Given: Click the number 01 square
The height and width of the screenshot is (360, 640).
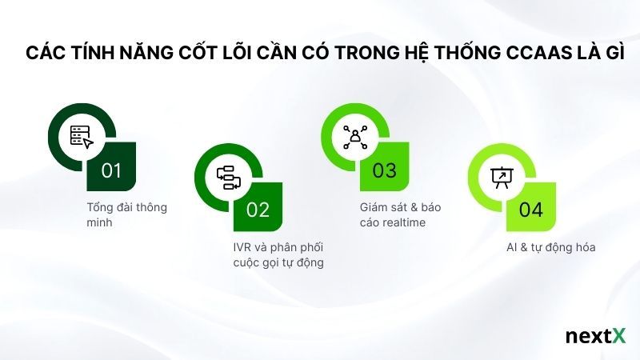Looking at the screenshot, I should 112,170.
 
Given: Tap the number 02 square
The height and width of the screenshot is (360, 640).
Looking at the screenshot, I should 258,210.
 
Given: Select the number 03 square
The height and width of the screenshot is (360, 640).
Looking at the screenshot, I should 385,170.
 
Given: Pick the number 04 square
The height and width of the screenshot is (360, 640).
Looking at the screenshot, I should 531,210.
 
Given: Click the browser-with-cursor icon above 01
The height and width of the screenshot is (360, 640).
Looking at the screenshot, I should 82,137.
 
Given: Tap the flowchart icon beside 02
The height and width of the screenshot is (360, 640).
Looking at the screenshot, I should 228,177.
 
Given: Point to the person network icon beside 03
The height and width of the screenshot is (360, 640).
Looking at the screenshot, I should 354,137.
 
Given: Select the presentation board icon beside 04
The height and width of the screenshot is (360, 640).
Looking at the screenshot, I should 501,177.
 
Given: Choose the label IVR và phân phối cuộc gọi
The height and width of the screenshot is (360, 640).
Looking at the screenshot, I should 273,254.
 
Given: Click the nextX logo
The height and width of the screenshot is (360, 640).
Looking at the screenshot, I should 595,336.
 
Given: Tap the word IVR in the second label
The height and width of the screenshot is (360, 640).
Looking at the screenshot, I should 230,246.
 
